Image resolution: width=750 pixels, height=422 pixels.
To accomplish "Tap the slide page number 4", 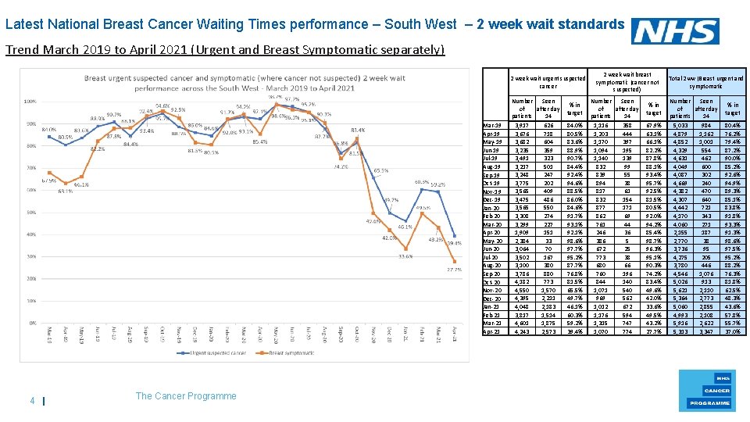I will click(x=32, y=402).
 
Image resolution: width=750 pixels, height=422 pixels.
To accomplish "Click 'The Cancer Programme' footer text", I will click(x=186, y=396).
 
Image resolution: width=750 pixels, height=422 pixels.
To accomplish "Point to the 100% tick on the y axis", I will click(x=32, y=102).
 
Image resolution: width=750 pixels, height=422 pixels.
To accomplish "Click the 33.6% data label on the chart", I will click(x=405, y=256).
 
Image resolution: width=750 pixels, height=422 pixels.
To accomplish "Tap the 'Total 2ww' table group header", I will click(x=706, y=82).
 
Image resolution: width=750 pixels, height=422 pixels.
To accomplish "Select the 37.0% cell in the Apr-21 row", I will click(x=733, y=331).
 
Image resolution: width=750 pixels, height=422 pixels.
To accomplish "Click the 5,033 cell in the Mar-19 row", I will click(x=680, y=125).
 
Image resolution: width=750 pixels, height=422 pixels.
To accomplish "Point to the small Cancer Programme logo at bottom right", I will click(x=716, y=388).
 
